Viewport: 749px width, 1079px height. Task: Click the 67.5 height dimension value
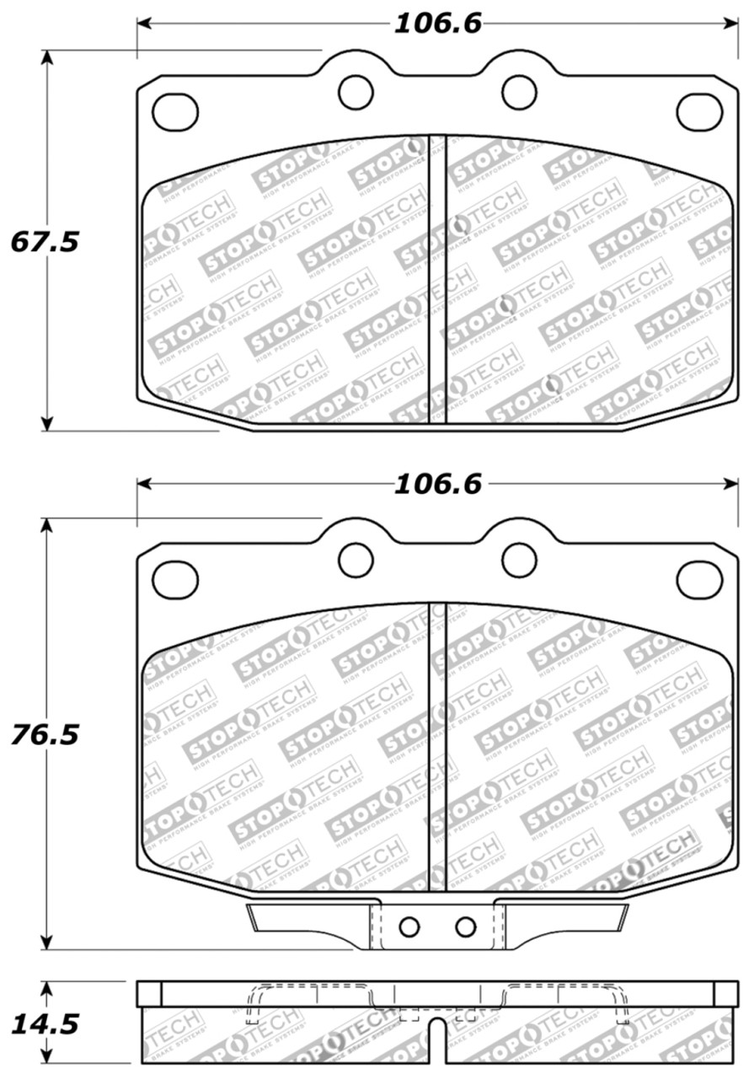coord(44,242)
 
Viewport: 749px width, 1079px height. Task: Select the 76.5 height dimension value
coord(44,734)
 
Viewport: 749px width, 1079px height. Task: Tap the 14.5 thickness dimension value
coord(44,1024)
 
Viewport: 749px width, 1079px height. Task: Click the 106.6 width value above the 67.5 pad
coord(437,24)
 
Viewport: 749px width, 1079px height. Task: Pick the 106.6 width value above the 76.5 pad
coord(437,485)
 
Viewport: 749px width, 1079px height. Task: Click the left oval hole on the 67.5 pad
coord(176,111)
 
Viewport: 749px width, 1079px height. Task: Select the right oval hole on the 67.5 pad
coord(699,111)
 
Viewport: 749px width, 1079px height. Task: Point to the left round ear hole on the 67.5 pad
coord(356,92)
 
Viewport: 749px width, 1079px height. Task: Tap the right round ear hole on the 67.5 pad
coord(520,92)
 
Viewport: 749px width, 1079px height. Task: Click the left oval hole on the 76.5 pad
coord(176,579)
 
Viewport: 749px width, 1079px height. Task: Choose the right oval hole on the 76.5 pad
coord(699,579)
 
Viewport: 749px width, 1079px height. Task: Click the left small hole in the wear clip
coord(409,927)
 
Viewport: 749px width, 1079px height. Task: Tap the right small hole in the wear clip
coord(465,927)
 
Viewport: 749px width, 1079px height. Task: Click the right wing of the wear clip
coord(564,918)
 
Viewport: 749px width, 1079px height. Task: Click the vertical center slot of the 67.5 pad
coord(437,278)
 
